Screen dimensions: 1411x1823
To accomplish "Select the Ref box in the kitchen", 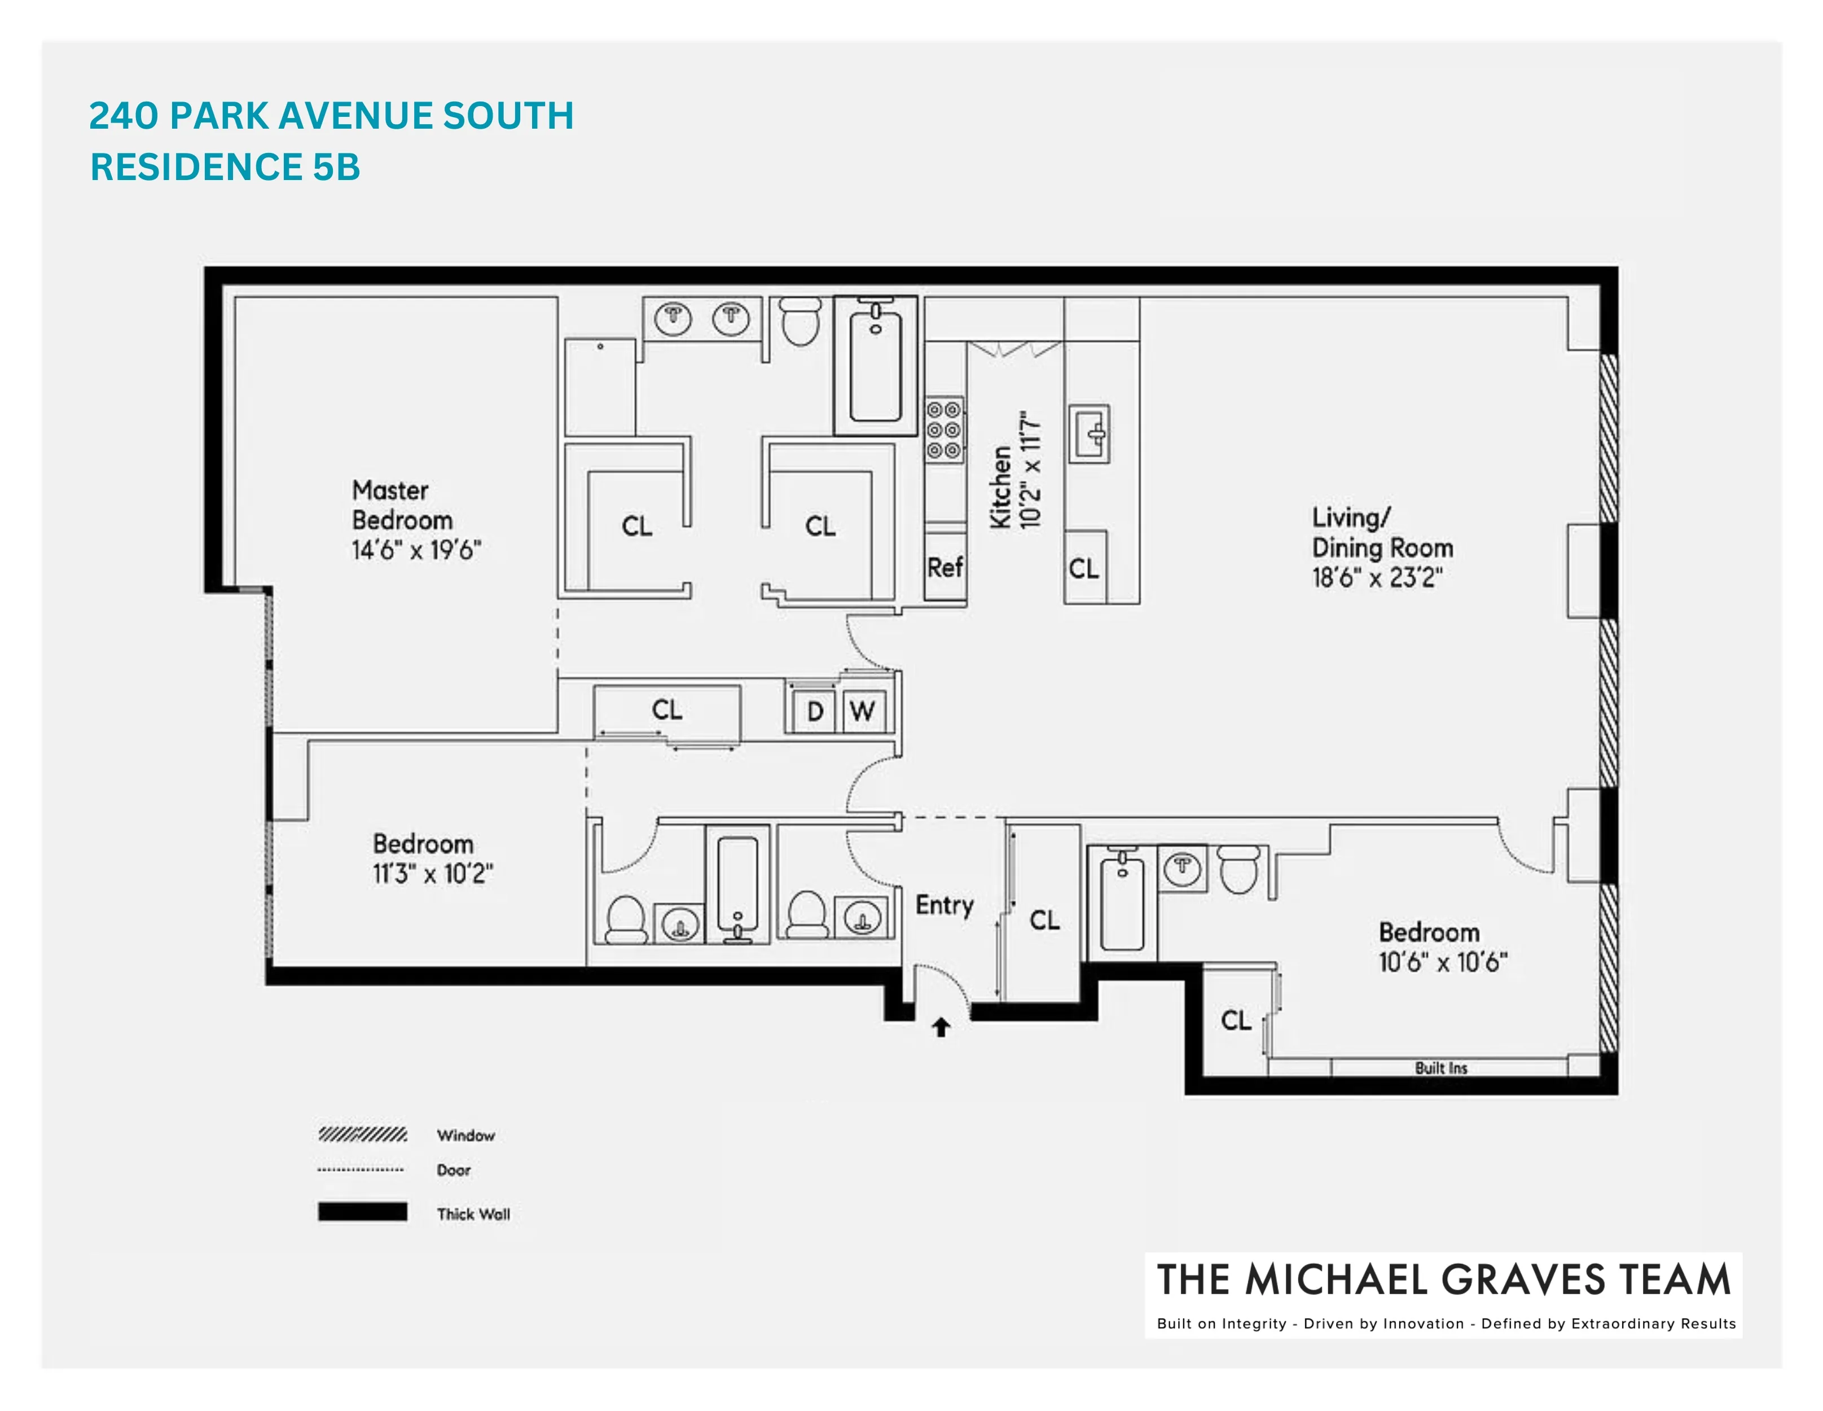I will point(945,568).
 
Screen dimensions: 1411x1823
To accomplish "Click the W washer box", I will point(862,711).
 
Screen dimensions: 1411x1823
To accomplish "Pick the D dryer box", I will point(815,711).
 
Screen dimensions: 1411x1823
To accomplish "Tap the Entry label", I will point(944,905).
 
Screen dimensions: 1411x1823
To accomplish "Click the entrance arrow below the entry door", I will point(941,1027).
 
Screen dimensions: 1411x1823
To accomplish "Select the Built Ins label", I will point(1440,1068).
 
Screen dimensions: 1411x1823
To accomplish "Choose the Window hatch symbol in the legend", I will point(362,1134).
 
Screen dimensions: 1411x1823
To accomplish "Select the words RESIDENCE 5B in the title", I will point(225,167).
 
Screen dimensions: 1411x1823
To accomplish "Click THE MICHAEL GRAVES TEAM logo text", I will point(1443,1280).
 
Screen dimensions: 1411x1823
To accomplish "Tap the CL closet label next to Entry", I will point(1044,921).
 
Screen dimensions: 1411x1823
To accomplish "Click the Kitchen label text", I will point(1001,488).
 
